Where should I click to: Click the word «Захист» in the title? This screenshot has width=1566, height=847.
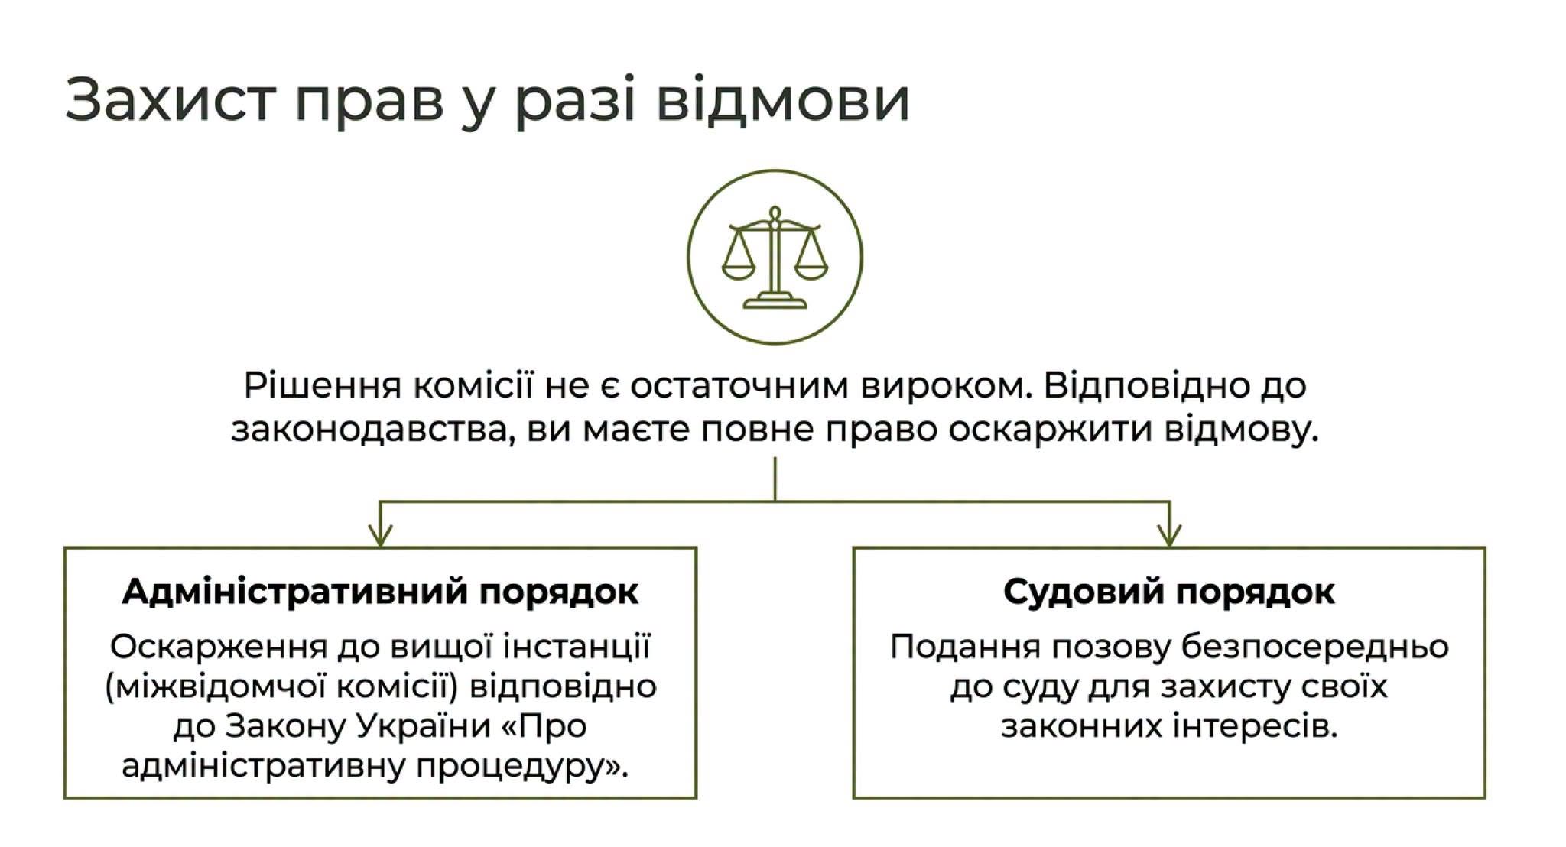(x=171, y=99)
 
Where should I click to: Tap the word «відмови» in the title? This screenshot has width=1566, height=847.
(x=783, y=99)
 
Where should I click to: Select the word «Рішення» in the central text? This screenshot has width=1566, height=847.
(x=323, y=387)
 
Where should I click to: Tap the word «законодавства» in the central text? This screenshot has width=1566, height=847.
(x=371, y=430)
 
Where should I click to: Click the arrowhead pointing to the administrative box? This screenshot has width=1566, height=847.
(x=380, y=535)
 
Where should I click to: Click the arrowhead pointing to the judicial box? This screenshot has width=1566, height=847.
(x=1169, y=535)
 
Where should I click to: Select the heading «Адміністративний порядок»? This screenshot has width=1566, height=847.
(x=380, y=592)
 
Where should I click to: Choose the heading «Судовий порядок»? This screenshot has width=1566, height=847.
(x=1169, y=592)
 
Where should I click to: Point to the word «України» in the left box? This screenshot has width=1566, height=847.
(x=423, y=725)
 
